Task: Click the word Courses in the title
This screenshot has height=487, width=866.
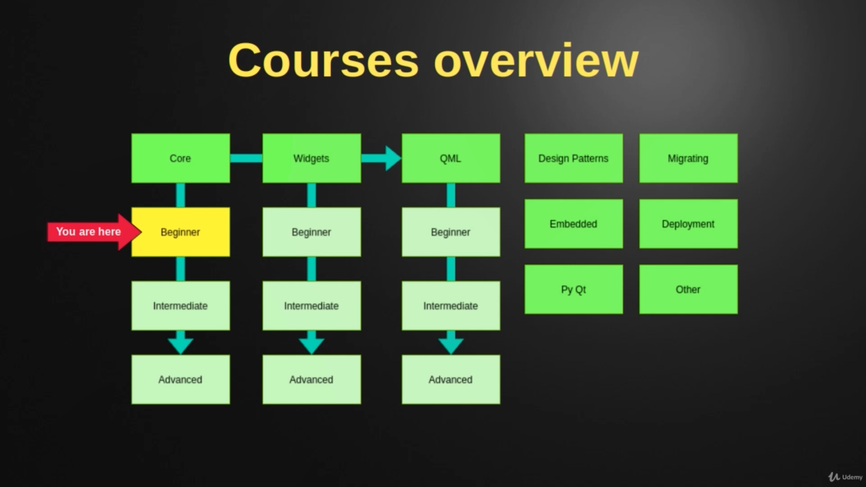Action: click(323, 60)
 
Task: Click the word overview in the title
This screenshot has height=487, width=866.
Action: click(537, 61)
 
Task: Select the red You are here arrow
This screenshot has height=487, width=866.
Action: click(94, 232)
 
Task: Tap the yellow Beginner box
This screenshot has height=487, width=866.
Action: click(181, 232)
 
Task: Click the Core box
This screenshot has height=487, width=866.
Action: click(181, 158)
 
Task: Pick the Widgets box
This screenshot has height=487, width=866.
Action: click(312, 158)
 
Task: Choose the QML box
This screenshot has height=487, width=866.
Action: click(451, 158)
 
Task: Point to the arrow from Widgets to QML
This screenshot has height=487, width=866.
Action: click(382, 158)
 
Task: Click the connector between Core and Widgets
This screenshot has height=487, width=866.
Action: click(246, 158)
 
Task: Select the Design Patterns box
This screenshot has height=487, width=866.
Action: click(574, 158)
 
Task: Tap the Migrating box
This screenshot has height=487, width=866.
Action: click(689, 158)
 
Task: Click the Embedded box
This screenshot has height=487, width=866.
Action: click(574, 224)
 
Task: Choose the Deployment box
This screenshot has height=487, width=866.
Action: click(689, 224)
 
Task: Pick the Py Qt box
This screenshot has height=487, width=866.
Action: click(574, 289)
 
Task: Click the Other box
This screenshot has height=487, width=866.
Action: click(689, 289)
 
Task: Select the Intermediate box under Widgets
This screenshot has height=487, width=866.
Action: click(312, 306)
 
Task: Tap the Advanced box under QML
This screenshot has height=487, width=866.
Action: click(451, 379)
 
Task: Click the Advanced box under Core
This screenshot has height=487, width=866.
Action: click(181, 379)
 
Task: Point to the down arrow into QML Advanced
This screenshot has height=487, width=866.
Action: click(451, 343)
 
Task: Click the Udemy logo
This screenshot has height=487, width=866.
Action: click(845, 477)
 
